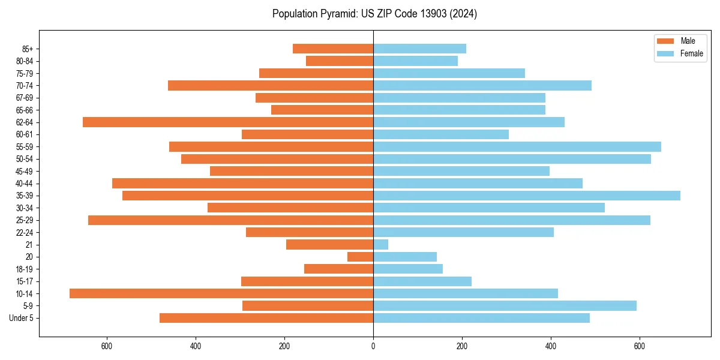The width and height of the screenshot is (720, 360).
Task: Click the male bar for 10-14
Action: (x=221, y=293)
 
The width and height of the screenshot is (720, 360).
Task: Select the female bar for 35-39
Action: (x=527, y=196)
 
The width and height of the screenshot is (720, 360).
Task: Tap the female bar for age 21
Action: (x=380, y=244)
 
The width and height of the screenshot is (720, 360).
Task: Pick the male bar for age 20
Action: (x=361, y=257)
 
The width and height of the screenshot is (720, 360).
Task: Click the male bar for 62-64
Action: (x=228, y=122)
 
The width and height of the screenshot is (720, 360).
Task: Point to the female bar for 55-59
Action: (x=517, y=146)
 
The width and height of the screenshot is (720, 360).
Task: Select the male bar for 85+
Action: (x=333, y=49)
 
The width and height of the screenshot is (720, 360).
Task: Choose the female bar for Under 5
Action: (x=481, y=318)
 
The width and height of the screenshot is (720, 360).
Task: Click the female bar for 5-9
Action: (x=505, y=305)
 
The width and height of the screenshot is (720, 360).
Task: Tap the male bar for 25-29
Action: (x=230, y=220)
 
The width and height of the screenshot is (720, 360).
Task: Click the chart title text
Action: (x=374, y=14)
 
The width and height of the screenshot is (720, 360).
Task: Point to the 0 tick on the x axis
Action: (x=373, y=346)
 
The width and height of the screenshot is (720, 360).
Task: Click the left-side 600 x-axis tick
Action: (x=107, y=346)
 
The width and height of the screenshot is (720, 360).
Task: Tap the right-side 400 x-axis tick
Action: (x=551, y=346)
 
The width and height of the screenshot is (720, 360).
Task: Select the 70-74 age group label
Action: (x=25, y=85)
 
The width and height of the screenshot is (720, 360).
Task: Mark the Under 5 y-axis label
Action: (x=21, y=318)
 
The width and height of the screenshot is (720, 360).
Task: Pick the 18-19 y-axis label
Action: (x=25, y=269)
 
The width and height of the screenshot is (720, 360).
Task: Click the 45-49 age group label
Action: (x=25, y=171)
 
